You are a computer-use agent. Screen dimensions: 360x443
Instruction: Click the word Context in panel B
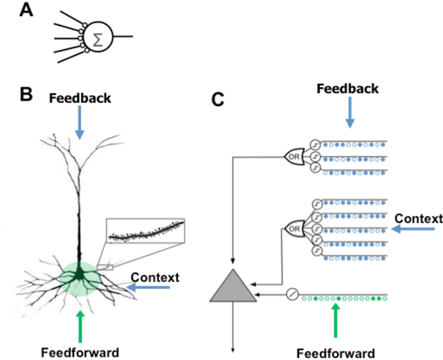pyautogui.click(x=156, y=278)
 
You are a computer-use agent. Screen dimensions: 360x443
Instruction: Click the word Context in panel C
pyautogui.click(x=418, y=219)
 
